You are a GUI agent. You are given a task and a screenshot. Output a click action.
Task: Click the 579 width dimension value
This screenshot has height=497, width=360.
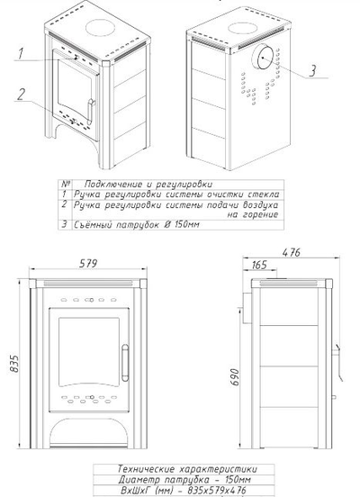(88, 264)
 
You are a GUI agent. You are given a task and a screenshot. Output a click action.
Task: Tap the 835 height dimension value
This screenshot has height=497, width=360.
(14, 364)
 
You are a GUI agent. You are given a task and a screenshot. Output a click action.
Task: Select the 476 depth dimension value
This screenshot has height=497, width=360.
(292, 252)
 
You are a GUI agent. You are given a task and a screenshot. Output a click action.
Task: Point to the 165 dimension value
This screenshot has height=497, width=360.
(259, 265)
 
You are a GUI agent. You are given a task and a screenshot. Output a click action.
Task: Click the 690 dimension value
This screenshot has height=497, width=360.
(235, 377)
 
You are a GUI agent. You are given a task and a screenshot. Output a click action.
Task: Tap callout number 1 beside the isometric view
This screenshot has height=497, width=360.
(21, 53)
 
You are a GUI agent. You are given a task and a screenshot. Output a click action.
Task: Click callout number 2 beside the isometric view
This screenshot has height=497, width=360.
(21, 95)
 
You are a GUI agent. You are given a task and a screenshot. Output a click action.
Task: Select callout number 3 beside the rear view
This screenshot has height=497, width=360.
(312, 70)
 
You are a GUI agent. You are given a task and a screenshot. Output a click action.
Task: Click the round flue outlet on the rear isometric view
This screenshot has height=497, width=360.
(263, 57)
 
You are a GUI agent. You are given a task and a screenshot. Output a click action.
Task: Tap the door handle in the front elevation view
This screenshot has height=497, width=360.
(125, 363)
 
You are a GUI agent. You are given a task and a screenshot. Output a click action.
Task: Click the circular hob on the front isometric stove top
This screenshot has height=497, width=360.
(100, 28)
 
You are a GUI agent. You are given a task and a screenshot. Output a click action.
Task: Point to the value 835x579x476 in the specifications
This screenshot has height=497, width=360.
(216, 490)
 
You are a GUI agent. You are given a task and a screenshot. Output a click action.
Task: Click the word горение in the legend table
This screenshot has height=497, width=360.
(261, 215)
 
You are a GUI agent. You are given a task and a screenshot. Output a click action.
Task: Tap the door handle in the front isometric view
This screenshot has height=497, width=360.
(91, 112)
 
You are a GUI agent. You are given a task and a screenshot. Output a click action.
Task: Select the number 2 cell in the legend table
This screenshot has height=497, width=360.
(64, 204)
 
